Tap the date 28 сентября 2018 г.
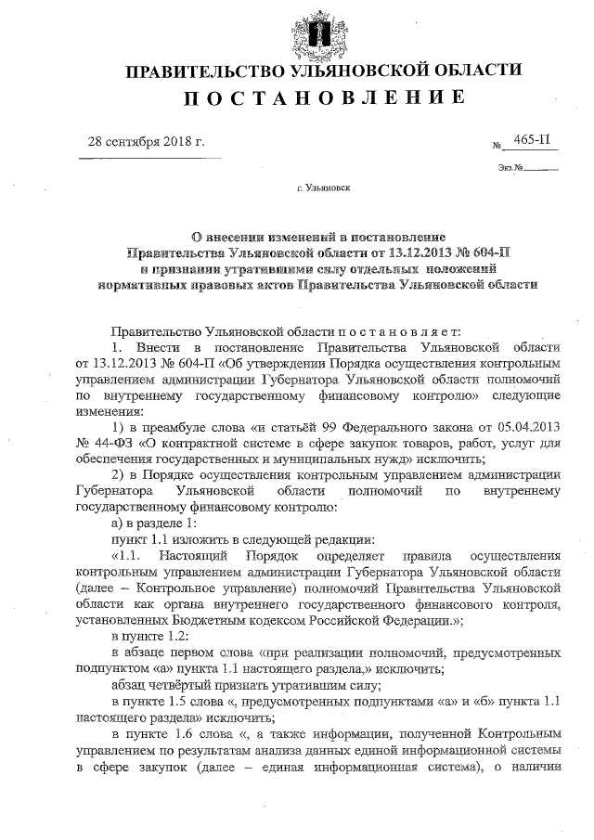pos(145,142)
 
